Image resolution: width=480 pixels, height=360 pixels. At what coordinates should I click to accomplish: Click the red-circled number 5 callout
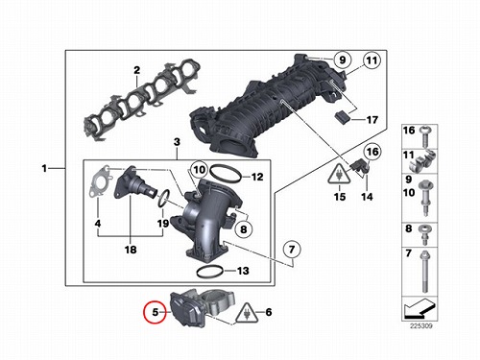156,312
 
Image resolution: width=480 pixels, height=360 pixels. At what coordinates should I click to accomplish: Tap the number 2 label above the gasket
136,70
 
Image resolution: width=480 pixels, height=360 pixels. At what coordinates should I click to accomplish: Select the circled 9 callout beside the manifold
343,60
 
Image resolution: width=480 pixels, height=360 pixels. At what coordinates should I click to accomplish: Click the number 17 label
372,120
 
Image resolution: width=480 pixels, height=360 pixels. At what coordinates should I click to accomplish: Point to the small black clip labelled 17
342,117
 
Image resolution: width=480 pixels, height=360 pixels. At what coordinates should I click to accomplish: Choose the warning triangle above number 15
339,175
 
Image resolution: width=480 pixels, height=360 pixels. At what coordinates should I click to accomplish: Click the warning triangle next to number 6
247,313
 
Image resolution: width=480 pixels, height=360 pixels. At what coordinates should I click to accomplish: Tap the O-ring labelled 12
226,173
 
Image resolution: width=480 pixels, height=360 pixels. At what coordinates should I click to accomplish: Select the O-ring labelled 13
209,272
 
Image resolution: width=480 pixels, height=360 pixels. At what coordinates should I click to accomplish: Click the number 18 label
131,250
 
